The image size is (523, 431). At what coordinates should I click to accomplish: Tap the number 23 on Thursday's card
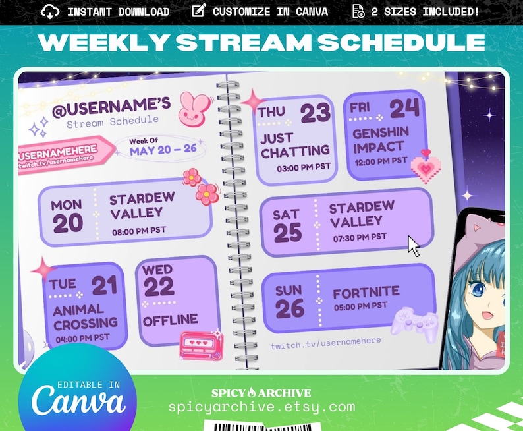(x=315, y=113)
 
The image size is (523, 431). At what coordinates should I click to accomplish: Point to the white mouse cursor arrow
(x=414, y=246)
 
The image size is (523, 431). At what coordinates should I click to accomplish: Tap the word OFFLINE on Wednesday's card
(x=171, y=320)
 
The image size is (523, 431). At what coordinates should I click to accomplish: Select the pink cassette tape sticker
(x=201, y=344)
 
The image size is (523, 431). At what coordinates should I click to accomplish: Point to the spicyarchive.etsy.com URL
(x=261, y=407)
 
